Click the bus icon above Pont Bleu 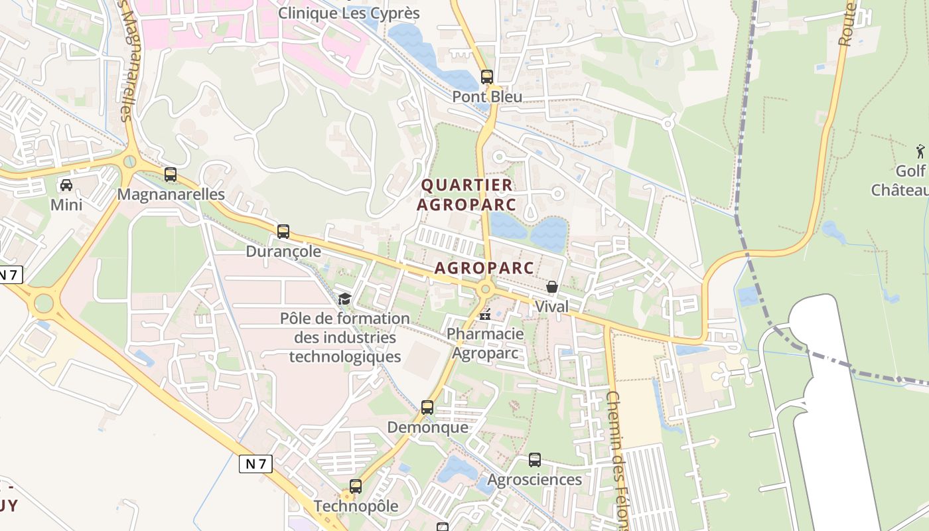point(487,77)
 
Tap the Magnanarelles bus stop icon point(171,175)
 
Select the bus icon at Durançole point(283,232)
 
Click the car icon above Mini point(66,185)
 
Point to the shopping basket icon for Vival point(551,287)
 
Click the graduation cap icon point(344,299)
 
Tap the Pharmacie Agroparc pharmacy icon point(486,314)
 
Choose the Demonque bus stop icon point(427,407)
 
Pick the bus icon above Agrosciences point(534,459)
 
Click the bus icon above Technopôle point(356,486)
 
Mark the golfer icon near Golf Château point(920,151)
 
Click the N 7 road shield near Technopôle point(255,463)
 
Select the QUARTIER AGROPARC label point(466,194)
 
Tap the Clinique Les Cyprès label point(349,13)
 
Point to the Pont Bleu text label point(487,96)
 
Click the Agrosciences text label point(534,479)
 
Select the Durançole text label point(283,252)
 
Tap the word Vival point(551,307)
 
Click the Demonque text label point(427,427)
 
